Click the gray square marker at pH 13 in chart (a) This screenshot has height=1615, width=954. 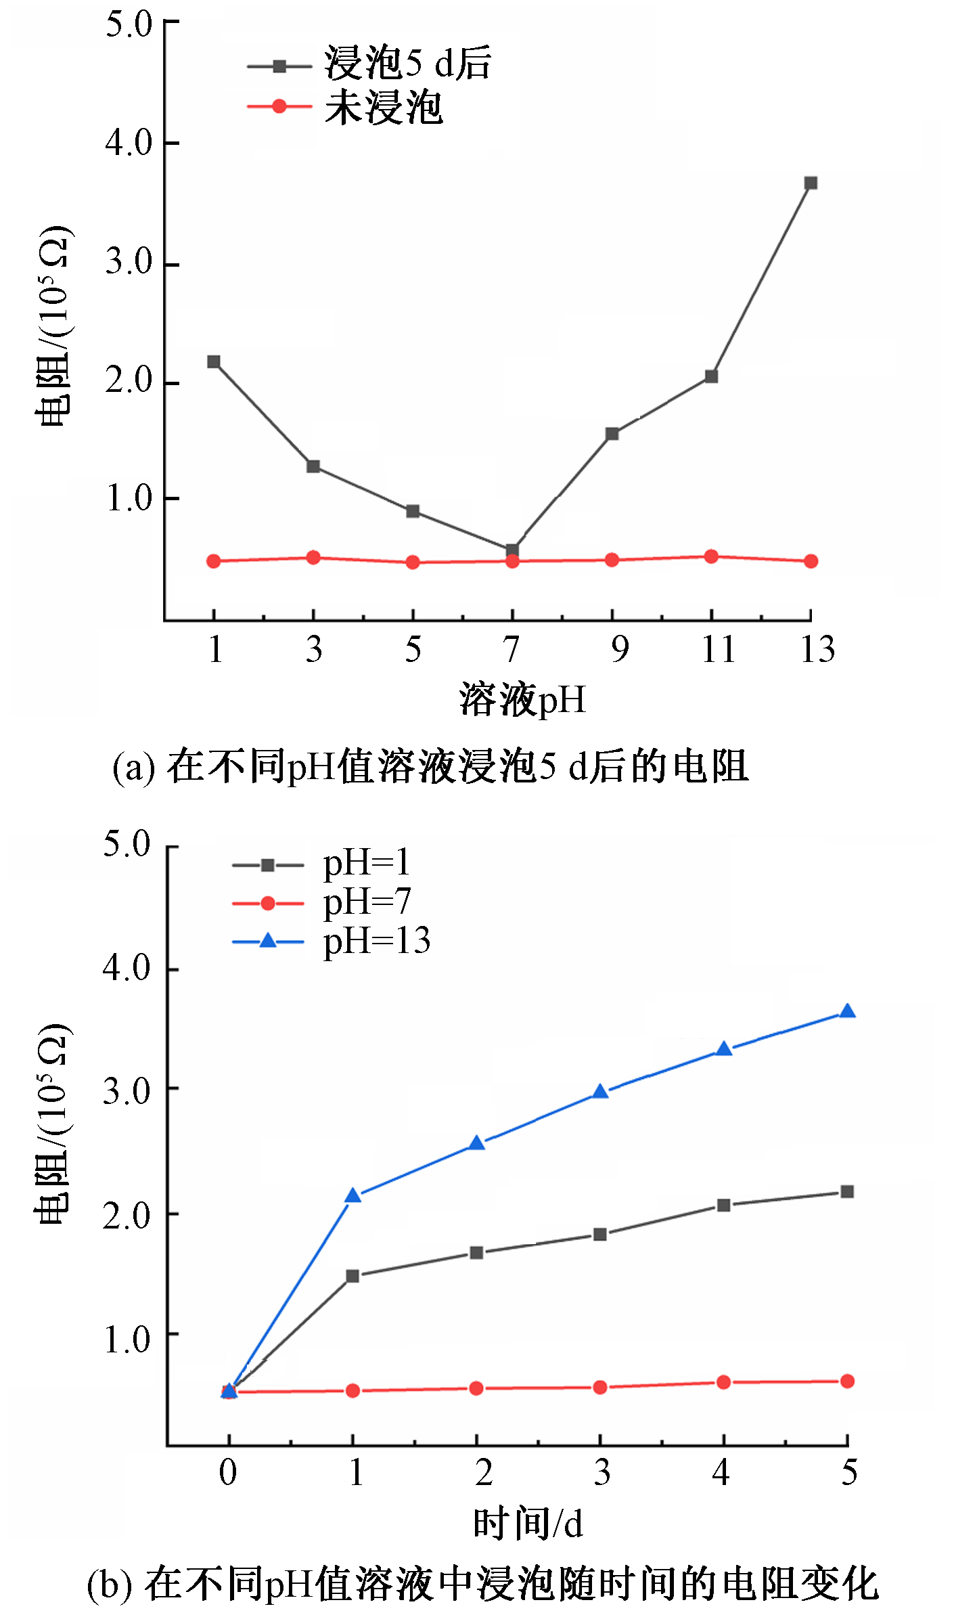811,183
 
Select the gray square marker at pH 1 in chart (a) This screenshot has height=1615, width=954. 214,361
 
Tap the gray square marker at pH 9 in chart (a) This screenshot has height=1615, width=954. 612,434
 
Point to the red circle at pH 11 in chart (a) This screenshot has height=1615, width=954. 711,556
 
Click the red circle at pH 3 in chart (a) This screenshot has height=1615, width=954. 313,557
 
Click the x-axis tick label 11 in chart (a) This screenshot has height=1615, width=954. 717,649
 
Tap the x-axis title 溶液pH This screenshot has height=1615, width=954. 522,699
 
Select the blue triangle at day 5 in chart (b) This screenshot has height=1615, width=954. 847,1012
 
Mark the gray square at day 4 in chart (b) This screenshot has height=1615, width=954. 723,1205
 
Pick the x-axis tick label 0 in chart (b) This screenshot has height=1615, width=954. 228,1472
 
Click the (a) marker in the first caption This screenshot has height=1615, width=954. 134,768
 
